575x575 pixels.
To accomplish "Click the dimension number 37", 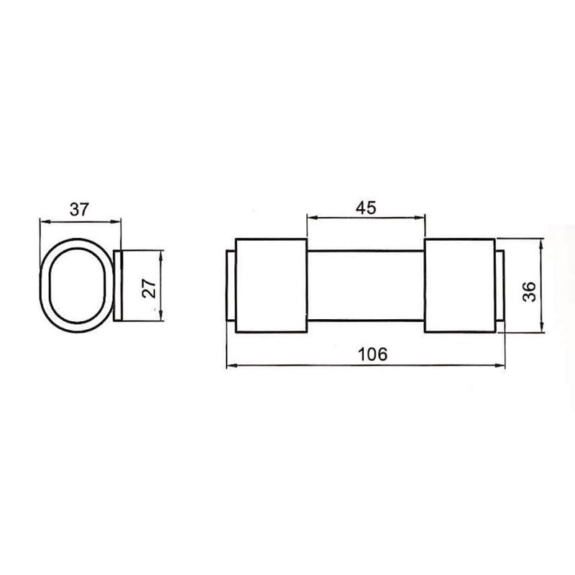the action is coord(80,209).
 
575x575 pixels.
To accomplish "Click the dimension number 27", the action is coord(149,288).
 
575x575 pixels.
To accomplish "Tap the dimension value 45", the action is coord(366,208).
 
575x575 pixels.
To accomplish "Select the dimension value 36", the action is coord(529,292).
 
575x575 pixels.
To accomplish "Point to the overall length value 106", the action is coord(372,354).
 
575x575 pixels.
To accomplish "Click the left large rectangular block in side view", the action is coord(271,285).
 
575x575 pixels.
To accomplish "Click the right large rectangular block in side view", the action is coord(460,285).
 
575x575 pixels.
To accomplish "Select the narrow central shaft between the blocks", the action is coord(366,285).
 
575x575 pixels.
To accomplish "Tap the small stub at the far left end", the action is coord(231,285).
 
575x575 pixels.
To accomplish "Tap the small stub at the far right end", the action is coord(500,285).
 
